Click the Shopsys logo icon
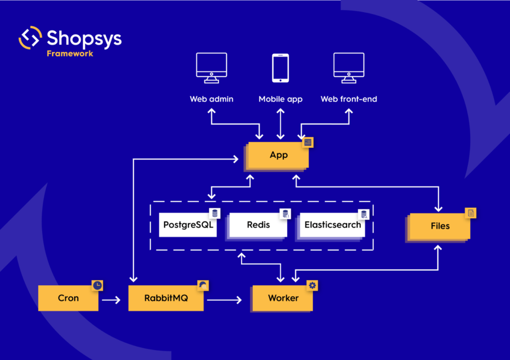[30, 38]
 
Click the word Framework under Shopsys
[70, 54]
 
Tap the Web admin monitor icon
[211, 68]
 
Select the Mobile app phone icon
[280, 68]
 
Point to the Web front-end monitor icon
[349, 68]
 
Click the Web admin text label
[211, 99]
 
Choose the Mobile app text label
[280, 99]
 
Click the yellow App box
[278, 155]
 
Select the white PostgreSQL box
[188, 225]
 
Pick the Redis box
[258, 225]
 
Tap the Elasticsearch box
[332, 225]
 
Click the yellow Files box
[440, 226]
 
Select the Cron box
[68, 298]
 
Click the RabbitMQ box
[166, 298]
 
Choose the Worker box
[283, 298]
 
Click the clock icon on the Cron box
[98, 285]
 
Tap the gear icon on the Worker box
[313, 285]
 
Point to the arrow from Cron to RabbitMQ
[111, 300]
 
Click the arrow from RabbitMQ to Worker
[225, 300]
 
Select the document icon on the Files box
[471, 213]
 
